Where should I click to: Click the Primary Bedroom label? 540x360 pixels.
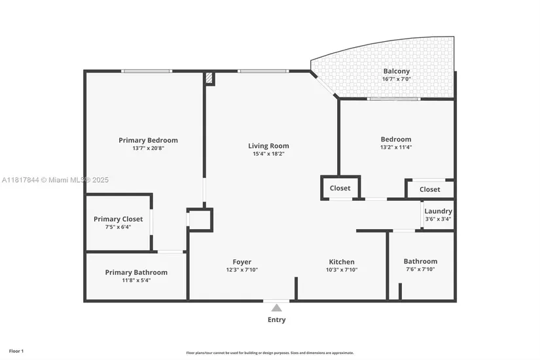[148, 140]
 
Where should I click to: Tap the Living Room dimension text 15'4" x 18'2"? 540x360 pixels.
[268, 154]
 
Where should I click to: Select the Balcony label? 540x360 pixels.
[397, 71]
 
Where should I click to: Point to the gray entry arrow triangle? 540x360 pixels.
[276, 308]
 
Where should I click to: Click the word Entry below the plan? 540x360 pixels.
[276, 319]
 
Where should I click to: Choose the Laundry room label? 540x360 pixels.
[438, 211]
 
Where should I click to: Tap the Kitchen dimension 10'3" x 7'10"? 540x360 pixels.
[342, 270]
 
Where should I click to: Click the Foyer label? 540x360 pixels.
[242, 262]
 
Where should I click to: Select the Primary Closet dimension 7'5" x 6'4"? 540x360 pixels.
[118, 227]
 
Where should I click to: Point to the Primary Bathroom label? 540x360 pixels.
[136, 272]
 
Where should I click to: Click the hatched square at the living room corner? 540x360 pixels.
[209, 78]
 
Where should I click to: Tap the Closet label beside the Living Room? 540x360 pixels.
[340, 188]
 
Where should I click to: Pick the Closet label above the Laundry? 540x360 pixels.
[430, 189]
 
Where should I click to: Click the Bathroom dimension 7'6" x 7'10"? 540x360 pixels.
[420, 269]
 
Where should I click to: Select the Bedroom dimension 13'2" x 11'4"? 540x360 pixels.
[396, 147]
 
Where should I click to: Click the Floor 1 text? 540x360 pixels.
[16, 351]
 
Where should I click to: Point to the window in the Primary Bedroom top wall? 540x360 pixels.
[147, 71]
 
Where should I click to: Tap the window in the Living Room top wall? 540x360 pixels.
[264, 71]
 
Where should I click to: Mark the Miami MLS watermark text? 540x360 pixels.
[55, 180]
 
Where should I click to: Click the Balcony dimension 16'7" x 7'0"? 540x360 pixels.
[397, 79]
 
